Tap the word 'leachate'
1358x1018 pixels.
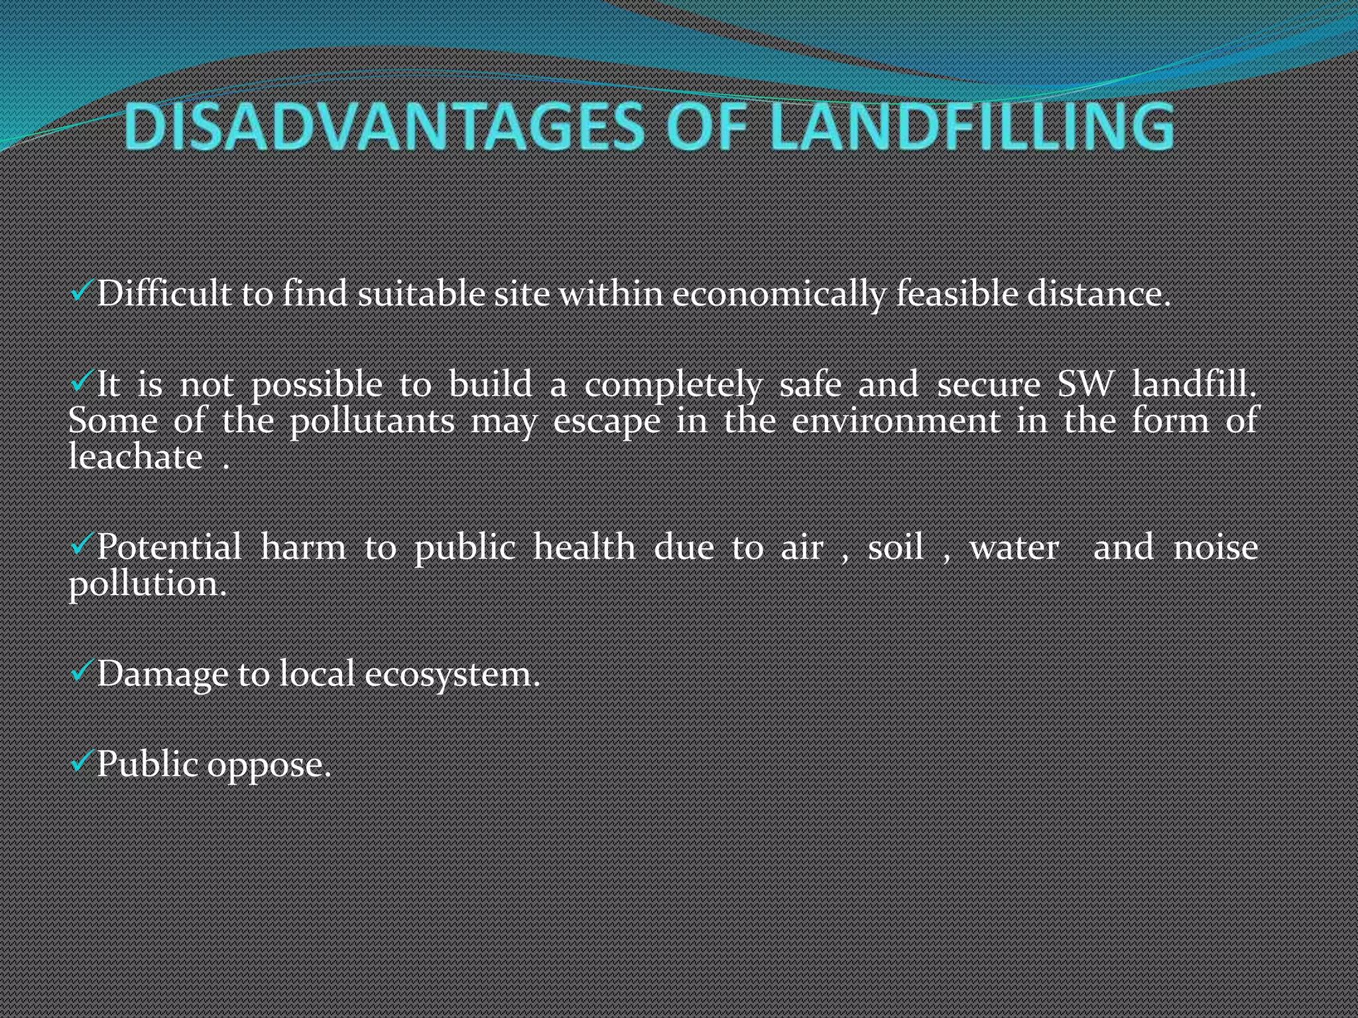pyautogui.click(x=136, y=457)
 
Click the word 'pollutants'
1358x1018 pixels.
pyautogui.click(x=372, y=422)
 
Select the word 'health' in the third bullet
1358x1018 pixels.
pyautogui.click(x=584, y=547)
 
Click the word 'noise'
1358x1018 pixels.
pyautogui.click(x=1215, y=547)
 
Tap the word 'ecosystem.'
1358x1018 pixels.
pyautogui.click(x=452, y=675)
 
